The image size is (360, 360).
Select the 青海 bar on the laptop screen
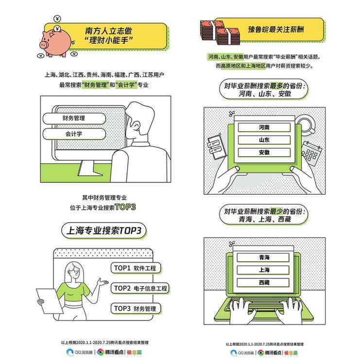point(264,257)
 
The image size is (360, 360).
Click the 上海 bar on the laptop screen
point(264,270)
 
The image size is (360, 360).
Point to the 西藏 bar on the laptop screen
point(264,282)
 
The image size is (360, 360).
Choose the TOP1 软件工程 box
point(136,268)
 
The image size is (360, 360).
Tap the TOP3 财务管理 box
point(136,309)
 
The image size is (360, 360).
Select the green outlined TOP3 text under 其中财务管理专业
point(126,207)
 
